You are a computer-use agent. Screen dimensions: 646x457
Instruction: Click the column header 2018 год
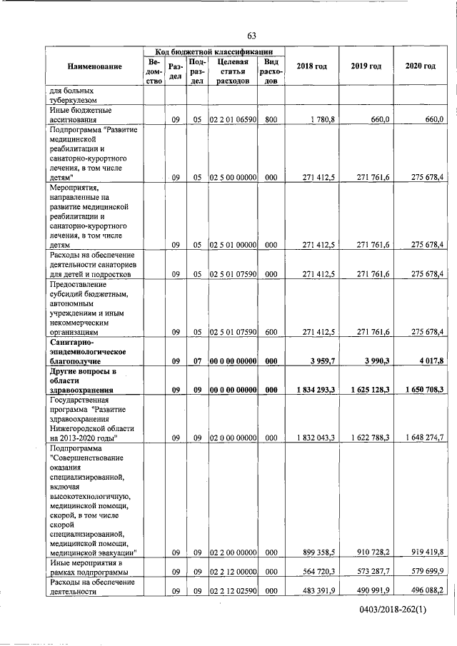(x=311, y=66)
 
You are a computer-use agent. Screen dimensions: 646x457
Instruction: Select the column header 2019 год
(x=366, y=66)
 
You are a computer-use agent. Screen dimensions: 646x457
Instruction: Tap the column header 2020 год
(x=420, y=66)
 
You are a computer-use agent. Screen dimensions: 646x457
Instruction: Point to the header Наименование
(x=95, y=66)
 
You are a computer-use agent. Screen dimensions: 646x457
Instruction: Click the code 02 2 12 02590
(x=233, y=590)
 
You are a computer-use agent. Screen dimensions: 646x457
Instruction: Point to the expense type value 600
(x=271, y=331)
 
